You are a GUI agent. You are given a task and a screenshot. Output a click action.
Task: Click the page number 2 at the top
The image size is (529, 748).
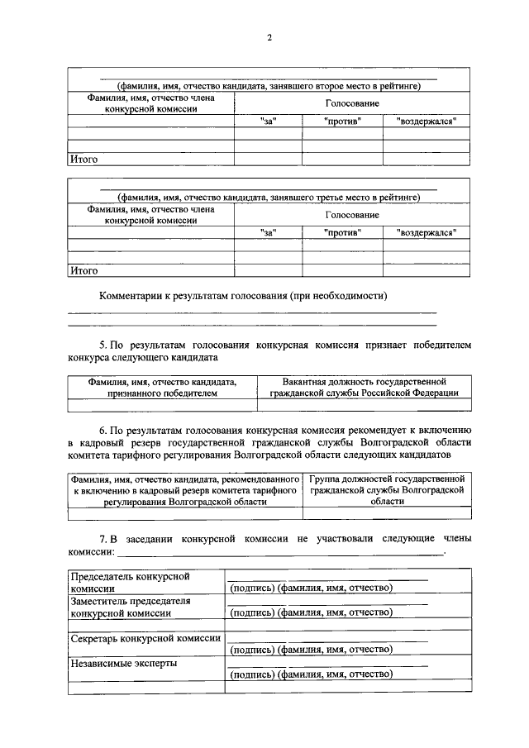[269, 37]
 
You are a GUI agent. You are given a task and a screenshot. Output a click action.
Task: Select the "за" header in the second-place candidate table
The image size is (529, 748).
[267, 121]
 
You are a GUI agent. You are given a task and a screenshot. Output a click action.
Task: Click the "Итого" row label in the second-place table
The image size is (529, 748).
[84, 160]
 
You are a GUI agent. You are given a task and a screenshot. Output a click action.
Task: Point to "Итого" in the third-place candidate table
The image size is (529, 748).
[84, 270]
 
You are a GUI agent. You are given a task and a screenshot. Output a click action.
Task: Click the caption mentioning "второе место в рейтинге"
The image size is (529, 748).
[269, 85]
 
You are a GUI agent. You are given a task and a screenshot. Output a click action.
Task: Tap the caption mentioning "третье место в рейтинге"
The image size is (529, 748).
[269, 197]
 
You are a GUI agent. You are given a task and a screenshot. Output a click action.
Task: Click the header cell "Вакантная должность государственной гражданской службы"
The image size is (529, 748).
[364, 388]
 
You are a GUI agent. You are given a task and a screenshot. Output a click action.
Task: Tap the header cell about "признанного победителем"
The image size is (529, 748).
[162, 388]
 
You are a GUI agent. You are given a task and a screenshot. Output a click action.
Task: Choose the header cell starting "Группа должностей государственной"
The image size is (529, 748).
[387, 490]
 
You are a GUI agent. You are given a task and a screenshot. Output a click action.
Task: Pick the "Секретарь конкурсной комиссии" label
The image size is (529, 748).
[144, 638]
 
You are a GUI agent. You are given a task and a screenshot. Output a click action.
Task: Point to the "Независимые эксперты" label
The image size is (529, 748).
[124, 663]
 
